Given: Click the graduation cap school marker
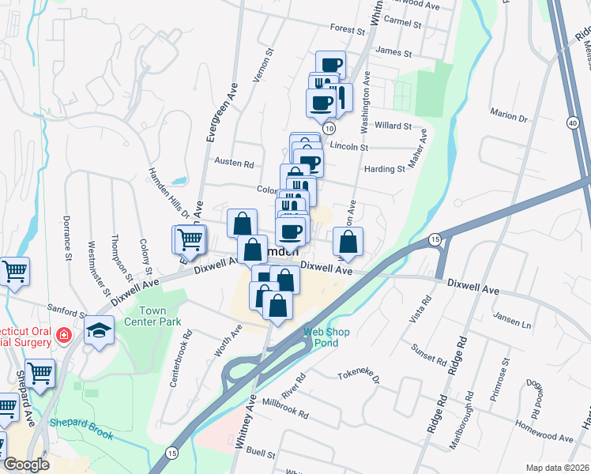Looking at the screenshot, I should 100,330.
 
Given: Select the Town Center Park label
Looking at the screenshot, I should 159,316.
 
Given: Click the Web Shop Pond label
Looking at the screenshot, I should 320,337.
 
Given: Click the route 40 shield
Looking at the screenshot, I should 572,123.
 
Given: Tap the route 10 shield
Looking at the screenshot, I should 329,128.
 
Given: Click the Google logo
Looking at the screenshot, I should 27,465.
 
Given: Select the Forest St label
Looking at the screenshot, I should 348,31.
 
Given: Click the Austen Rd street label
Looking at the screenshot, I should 234,164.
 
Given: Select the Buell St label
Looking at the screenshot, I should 260,454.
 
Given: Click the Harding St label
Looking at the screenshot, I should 384,169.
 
